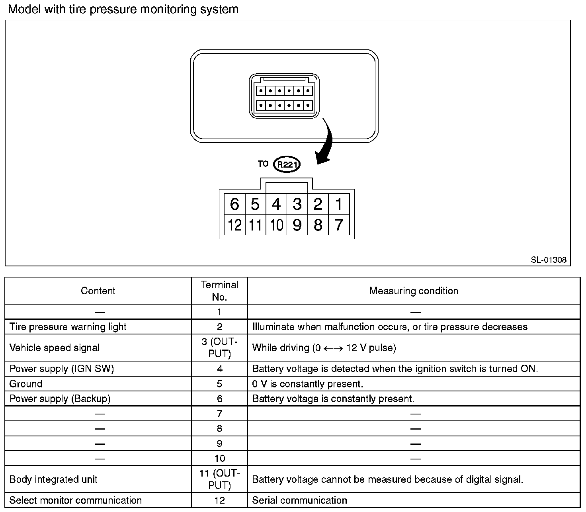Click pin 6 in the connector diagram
[234, 204]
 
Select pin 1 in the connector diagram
[339, 204]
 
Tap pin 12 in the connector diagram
[234, 225]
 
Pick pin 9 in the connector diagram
[297, 225]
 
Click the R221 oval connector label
[287, 164]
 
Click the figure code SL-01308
[548, 260]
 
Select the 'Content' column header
[98, 291]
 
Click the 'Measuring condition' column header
[414, 291]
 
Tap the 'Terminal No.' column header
[219, 291]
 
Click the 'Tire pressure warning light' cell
[68, 327]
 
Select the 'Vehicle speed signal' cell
[55, 348]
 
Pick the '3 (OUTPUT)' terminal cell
[219, 348]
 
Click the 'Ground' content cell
[26, 384]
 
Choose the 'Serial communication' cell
[299, 500]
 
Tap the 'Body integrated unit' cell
[53, 479]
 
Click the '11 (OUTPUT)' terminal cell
[219, 479]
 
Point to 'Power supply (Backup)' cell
[60, 399]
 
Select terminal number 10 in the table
[219, 459]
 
